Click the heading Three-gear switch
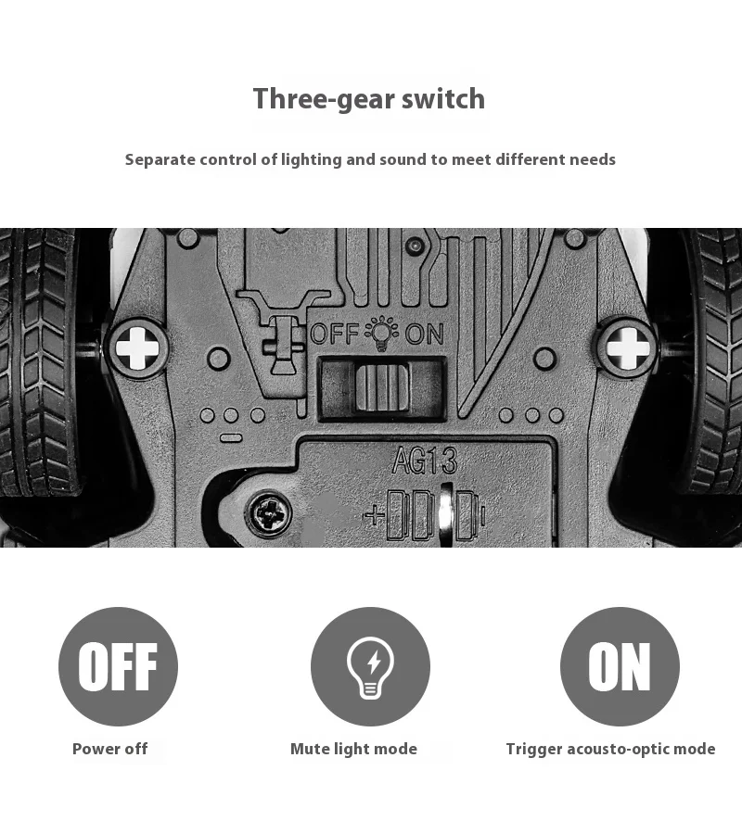pos(369,99)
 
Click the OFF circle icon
pos(118,666)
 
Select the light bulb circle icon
pos(370,666)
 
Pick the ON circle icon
pos(620,666)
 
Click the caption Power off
pos(110,749)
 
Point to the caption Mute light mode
pos(353,749)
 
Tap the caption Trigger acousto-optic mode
pos(610,749)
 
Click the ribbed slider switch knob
pos(381,387)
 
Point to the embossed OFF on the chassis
pos(335,334)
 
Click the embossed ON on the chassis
pos(425,334)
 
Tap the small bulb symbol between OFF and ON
pos(382,333)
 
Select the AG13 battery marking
pos(425,461)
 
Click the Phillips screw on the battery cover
pos(269,513)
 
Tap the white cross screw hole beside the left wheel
pos(137,347)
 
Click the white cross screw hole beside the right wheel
pos(627,347)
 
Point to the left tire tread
pos(38,361)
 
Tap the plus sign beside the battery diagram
pos(374,516)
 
